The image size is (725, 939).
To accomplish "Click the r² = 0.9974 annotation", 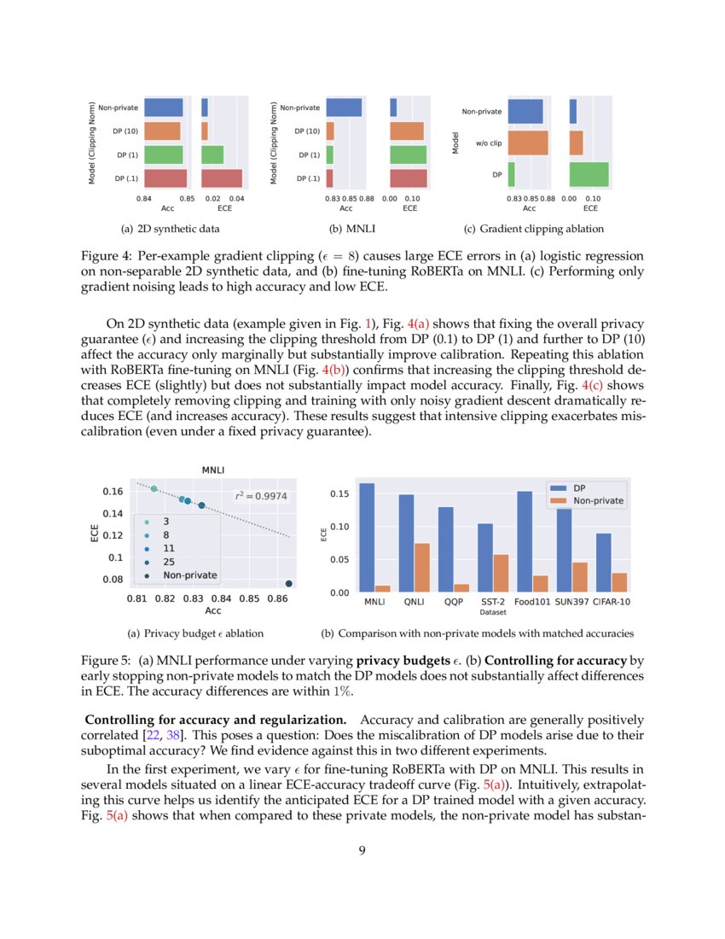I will pyautogui.click(x=260, y=495).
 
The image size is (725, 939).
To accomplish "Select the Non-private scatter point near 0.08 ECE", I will pyautogui.click(x=289, y=584).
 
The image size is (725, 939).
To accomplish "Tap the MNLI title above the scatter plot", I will pyautogui.click(x=213, y=469).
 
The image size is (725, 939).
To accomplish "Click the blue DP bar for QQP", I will pyautogui.click(x=445, y=549).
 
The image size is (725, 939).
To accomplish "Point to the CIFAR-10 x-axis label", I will pyautogui.click(x=612, y=602).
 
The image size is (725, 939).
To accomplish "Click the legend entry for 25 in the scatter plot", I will pyautogui.click(x=168, y=563).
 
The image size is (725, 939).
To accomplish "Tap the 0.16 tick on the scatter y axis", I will pyautogui.click(x=113, y=492).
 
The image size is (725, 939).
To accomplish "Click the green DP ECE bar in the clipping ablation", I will pyautogui.click(x=589, y=174).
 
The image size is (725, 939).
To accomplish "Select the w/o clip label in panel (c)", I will pyautogui.click(x=489, y=143).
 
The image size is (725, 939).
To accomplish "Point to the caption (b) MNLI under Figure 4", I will pyautogui.click(x=352, y=229).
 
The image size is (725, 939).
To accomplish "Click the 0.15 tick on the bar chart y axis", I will pyautogui.click(x=339, y=494).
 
